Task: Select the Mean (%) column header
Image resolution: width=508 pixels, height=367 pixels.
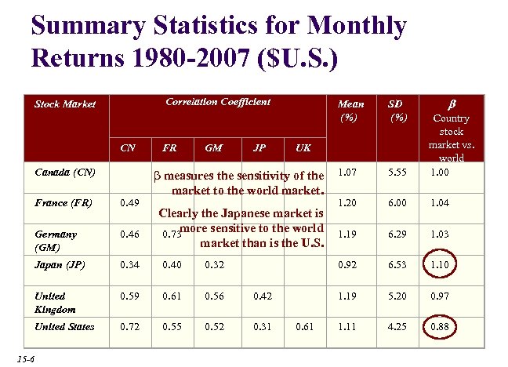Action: click(x=350, y=111)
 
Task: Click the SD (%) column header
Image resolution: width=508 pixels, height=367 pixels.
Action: click(x=398, y=111)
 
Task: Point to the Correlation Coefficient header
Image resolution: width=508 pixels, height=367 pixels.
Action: click(x=218, y=102)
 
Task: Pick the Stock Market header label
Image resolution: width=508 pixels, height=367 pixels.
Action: click(x=64, y=103)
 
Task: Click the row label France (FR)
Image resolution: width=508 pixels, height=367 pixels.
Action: click(x=64, y=203)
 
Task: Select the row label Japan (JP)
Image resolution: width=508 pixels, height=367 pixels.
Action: click(x=60, y=265)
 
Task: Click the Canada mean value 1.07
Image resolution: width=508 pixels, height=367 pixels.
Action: click(x=347, y=172)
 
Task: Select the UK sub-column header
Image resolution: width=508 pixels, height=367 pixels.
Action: click(x=303, y=147)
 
